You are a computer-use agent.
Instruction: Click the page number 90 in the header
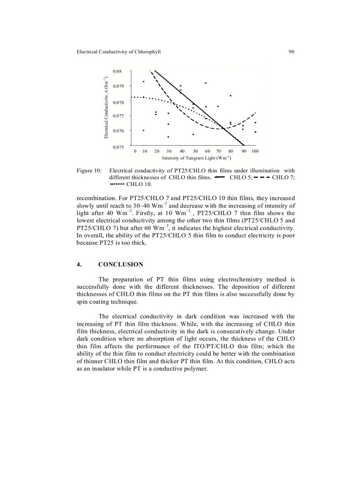[291, 52]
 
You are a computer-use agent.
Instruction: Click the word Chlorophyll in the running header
[147, 52]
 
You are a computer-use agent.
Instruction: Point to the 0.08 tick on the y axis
[117, 71]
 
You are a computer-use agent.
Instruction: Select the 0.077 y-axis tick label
[118, 116]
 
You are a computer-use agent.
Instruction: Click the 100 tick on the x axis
[255, 151]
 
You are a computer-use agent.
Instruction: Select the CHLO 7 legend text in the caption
[283, 177]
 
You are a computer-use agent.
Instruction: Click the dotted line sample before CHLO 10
[117, 184]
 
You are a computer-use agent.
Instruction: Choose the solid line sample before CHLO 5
[219, 177]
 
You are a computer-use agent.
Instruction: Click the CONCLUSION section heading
[120, 264]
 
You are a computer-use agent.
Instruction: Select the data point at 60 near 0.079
[206, 83]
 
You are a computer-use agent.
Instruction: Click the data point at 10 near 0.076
[144, 130]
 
